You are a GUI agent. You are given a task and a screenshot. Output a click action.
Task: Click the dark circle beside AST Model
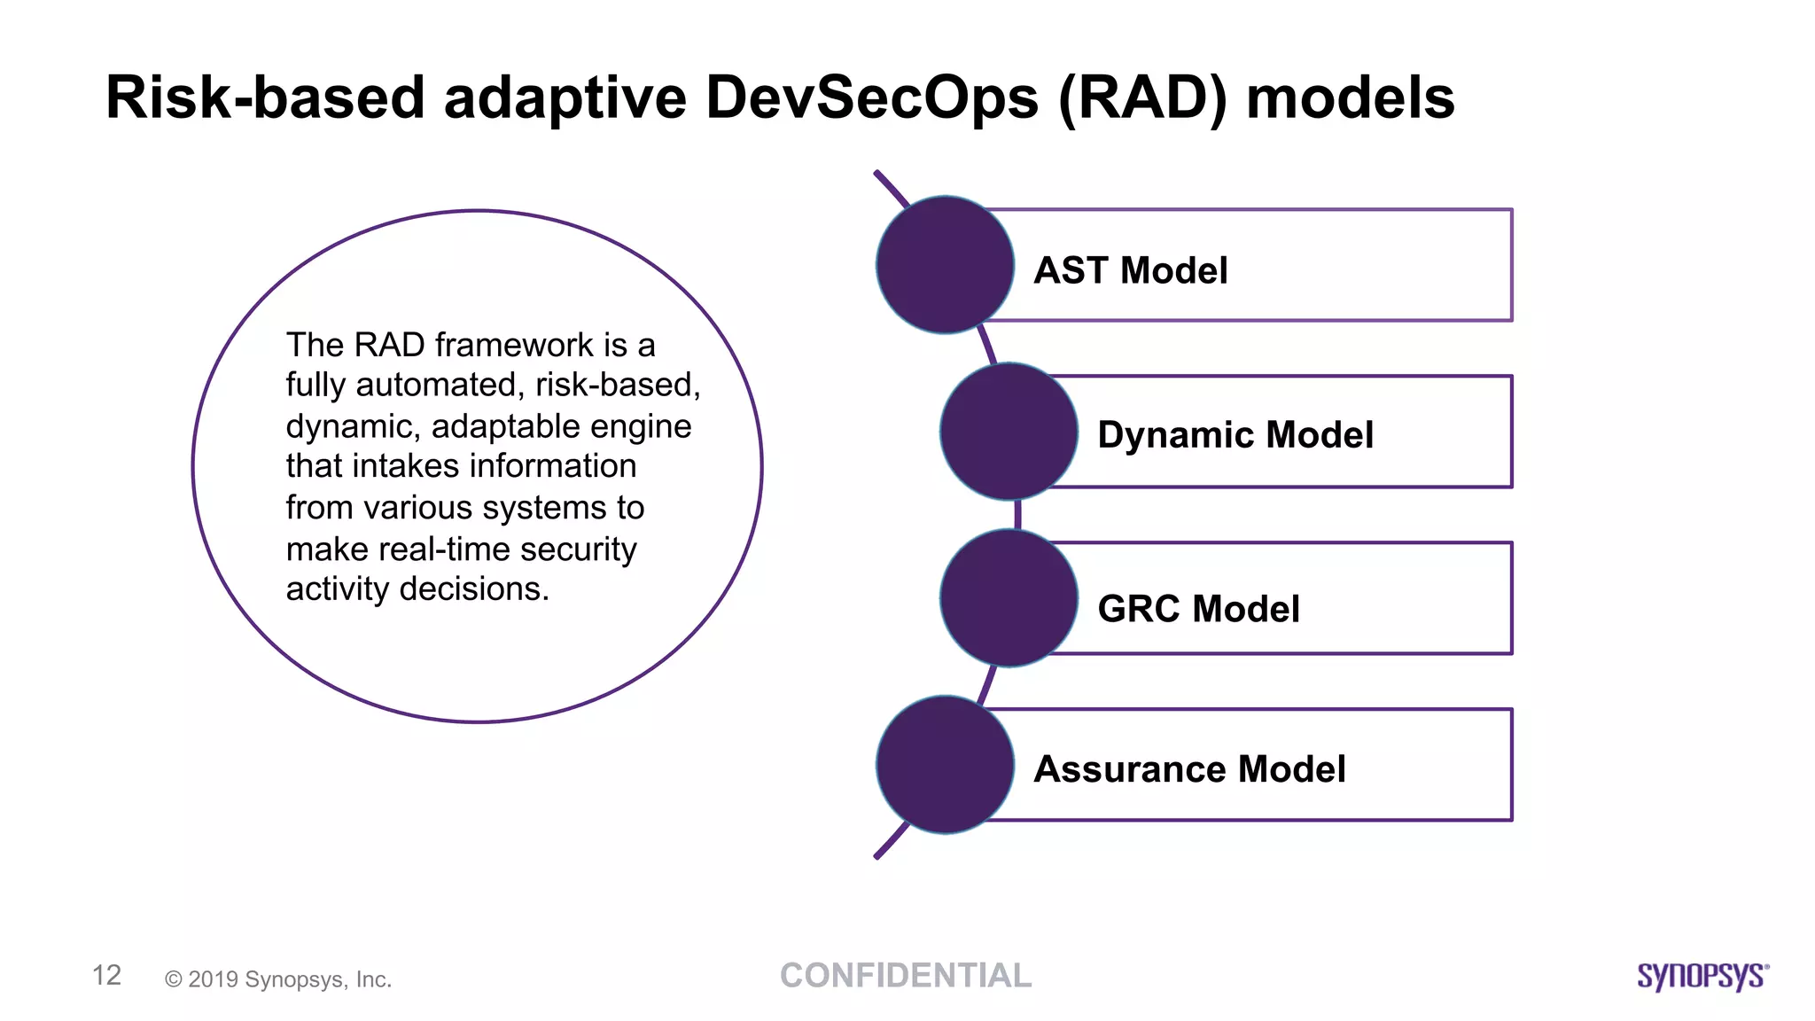click(x=945, y=265)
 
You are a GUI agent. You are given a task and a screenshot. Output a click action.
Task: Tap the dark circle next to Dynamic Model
click(x=1009, y=432)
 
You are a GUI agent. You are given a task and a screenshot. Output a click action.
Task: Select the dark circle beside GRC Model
click(x=1009, y=598)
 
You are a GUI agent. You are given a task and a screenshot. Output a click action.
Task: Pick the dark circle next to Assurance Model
click(x=945, y=765)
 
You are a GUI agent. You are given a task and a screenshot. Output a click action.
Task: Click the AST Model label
click(x=1130, y=270)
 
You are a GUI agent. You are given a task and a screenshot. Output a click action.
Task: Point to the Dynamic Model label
click(x=1235, y=435)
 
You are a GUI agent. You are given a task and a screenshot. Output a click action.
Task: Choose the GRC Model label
click(x=1198, y=609)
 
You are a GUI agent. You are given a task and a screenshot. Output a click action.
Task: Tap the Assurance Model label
click(x=1189, y=769)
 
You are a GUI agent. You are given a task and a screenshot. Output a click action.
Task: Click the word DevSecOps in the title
click(x=871, y=97)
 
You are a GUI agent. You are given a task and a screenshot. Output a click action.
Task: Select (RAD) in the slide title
click(x=1142, y=99)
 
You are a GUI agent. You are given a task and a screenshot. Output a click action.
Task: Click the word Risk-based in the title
click(x=265, y=97)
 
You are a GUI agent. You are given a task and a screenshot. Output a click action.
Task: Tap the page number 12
click(x=106, y=975)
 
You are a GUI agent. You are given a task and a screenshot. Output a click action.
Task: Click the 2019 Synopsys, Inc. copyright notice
click(x=278, y=979)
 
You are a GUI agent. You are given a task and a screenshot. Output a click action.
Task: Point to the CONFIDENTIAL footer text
click(x=906, y=976)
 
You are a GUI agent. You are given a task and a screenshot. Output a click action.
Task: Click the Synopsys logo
click(x=1702, y=976)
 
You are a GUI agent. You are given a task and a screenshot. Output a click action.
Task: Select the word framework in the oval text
click(x=514, y=345)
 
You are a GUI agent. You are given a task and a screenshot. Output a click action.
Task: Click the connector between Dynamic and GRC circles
click(x=1017, y=515)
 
